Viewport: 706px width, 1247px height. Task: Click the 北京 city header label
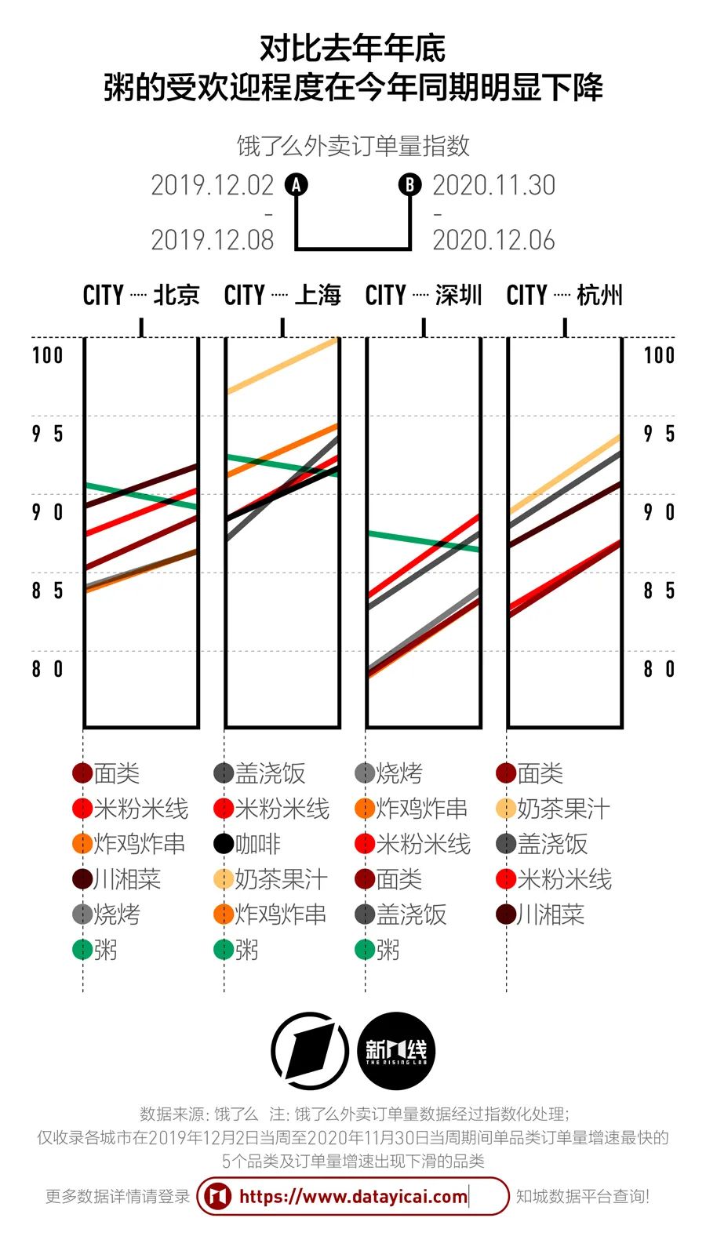point(176,295)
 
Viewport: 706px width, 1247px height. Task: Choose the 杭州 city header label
point(599,295)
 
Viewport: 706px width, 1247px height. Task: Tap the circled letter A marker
point(296,185)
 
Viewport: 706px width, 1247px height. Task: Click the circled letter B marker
point(409,185)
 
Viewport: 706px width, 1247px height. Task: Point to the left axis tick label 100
point(47,355)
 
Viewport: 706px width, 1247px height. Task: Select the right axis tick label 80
point(659,669)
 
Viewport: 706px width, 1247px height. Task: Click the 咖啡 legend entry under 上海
point(257,844)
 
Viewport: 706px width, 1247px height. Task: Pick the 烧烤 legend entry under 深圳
point(398,773)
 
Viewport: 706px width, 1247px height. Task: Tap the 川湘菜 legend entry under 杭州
point(549,914)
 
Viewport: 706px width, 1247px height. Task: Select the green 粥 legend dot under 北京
point(82,950)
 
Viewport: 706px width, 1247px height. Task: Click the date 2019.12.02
point(212,185)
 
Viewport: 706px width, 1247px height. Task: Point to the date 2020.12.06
point(493,240)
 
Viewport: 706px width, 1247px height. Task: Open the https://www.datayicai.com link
point(353,1196)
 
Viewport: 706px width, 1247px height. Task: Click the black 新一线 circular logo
point(396,1051)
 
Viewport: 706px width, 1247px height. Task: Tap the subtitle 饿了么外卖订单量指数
point(353,145)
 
